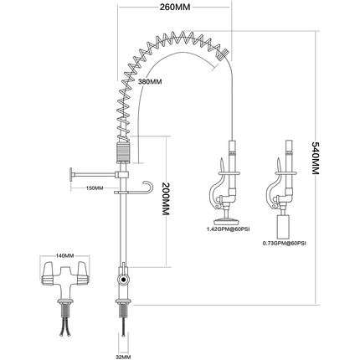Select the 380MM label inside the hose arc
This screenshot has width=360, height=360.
149,82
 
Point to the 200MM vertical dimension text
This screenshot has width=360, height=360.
165,200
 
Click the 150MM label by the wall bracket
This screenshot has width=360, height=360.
94,188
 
